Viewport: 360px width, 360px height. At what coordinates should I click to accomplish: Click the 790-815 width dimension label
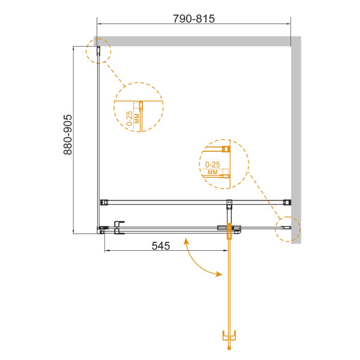click(194, 19)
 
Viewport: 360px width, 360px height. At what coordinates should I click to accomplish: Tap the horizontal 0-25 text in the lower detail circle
click(212, 163)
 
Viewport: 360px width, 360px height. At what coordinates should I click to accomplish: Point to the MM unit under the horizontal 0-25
click(212, 172)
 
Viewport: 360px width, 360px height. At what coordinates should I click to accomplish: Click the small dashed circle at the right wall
click(287, 228)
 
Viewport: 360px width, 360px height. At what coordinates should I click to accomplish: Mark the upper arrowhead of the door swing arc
click(187, 241)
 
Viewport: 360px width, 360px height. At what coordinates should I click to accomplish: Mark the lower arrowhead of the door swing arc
click(218, 275)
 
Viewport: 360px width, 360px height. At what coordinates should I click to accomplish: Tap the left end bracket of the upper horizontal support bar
click(103, 202)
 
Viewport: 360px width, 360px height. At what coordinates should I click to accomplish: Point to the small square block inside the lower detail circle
click(226, 149)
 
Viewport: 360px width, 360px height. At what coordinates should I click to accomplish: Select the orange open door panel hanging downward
click(229, 288)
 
